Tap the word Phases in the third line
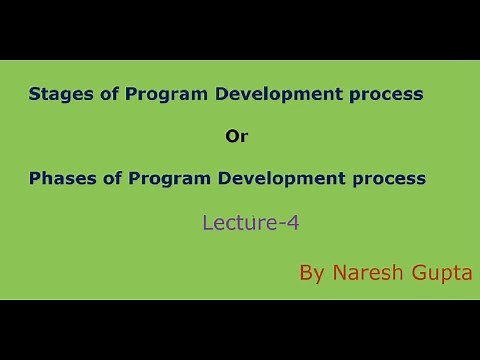tap(56, 179)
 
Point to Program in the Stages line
tap(144, 95)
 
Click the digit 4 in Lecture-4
tap(292, 224)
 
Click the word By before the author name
tap(313, 273)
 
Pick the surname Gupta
tap(444, 273)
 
